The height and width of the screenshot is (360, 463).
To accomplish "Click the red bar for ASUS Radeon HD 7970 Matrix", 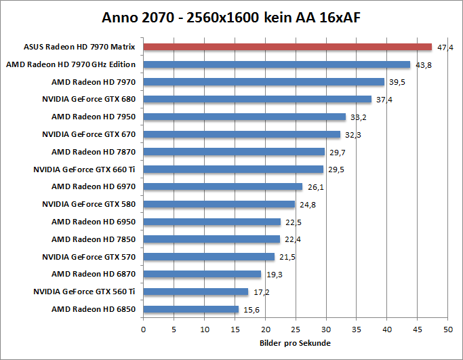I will point(287,47).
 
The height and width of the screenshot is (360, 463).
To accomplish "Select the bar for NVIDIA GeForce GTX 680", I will point(258,99).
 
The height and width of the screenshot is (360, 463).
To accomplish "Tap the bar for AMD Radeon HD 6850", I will point(191,309).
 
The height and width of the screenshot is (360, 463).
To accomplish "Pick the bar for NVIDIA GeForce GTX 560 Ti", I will point(196,292).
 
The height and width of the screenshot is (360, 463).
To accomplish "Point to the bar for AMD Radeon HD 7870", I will point(234,152).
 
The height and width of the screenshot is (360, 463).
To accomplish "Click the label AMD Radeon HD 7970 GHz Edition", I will point(71,64).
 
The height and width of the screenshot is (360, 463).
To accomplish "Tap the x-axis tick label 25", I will point(296,329).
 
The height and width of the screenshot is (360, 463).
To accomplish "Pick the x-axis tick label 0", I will point(143,329).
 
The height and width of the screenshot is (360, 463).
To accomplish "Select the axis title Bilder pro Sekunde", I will point(295,343).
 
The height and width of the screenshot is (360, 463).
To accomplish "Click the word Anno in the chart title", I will point(120,16).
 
